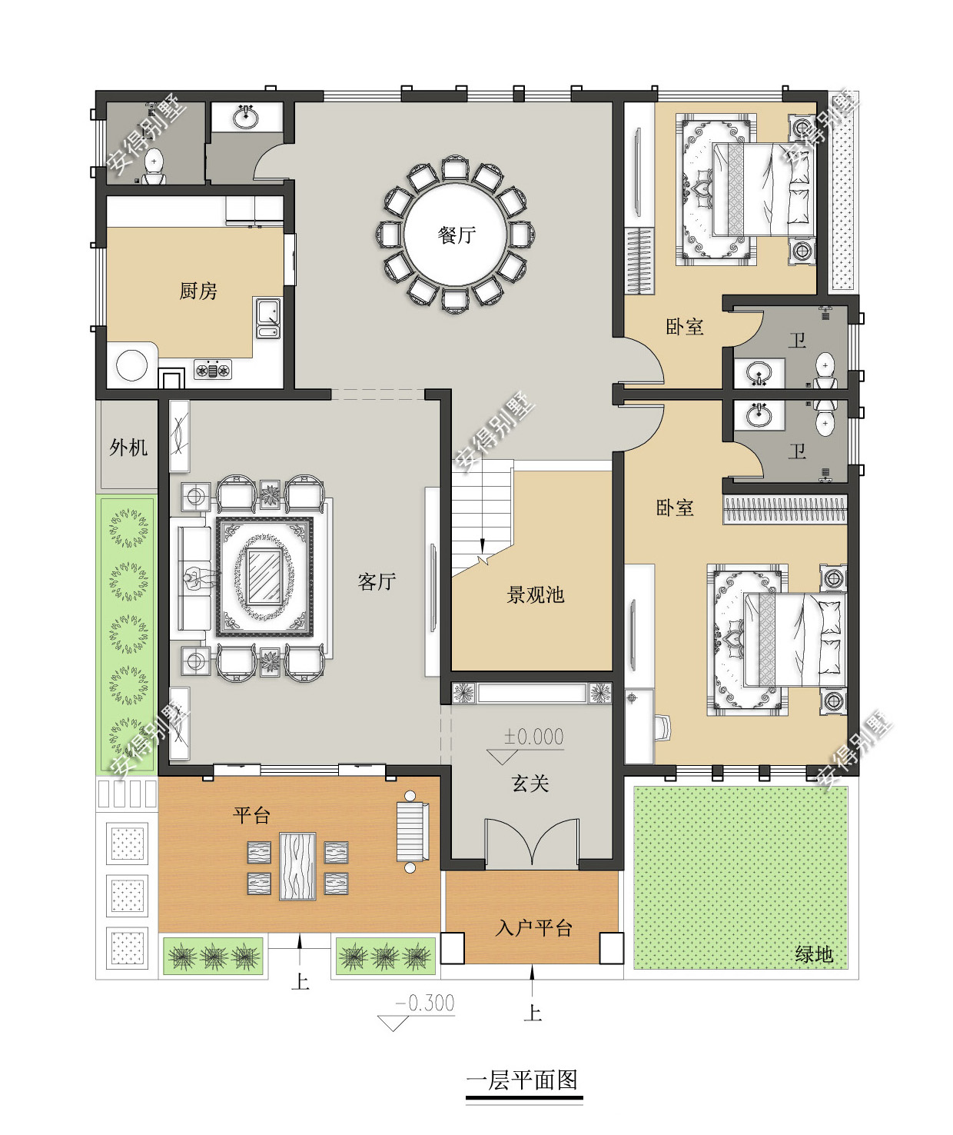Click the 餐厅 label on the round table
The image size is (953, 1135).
tap(457, 235)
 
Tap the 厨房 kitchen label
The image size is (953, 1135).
tap(198, 291)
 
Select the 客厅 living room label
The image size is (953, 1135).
tap(377, 581)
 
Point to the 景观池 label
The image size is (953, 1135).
tap(535, 594)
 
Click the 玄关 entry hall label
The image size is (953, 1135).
tap(530, 784)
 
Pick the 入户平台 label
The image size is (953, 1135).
tap(533, 928)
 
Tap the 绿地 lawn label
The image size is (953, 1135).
tap(814, 954)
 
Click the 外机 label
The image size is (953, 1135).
tap(128, 448)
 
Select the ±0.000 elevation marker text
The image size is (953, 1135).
tap(533, 737)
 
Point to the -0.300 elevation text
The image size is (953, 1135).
tap(425, 1003)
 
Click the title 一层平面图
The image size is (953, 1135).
tap(523, 1080)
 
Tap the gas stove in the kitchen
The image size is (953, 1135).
tap(213, 370)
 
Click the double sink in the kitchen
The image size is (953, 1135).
tap(268, 318)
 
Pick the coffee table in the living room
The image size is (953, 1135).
tap(264, 576)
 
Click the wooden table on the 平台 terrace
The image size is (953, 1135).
tap(297, 867)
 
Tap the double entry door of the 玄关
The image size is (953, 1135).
tap(532, 842)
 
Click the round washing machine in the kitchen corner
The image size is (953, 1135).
tap(131, 364)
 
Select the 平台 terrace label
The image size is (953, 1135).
tap(251, 815)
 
